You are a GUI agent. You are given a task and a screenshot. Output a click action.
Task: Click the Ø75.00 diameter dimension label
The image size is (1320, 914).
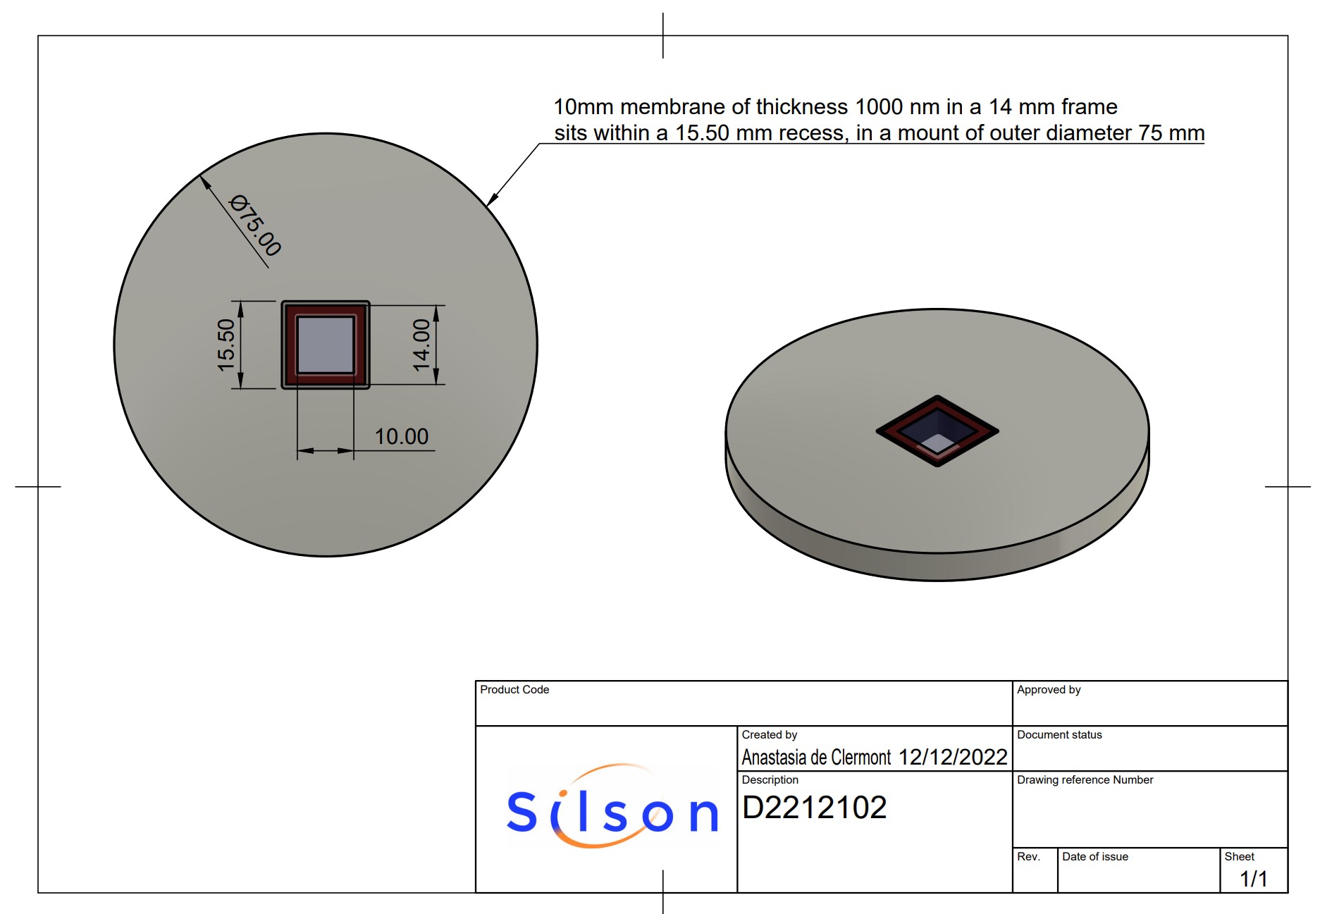[x=256, y=226]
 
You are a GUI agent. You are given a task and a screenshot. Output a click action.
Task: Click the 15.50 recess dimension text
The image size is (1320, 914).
[x=226, y=345]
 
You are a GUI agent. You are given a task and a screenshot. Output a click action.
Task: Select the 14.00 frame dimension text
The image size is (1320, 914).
[x=421, y=345]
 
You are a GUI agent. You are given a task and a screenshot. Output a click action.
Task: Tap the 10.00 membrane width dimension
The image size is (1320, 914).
[x=401, y=436]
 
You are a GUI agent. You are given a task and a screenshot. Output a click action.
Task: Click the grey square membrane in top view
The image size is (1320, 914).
[x=326, y=345]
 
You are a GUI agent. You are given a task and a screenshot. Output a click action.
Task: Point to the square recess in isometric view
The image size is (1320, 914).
[x=937, y=431]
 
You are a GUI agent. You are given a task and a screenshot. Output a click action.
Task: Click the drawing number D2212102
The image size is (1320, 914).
[x=814, y=808]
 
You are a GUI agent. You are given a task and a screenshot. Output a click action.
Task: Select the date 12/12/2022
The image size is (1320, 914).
[x=953, y=757]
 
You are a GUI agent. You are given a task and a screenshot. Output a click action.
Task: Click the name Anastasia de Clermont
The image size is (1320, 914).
[x=816, y=758]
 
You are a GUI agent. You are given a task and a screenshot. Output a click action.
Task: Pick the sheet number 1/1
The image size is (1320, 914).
[x=1253, y=879]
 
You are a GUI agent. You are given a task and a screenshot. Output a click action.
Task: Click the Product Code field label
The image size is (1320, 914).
[x=514, y=689]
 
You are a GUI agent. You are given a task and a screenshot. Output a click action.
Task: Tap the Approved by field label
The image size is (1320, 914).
[x=1048, y=689]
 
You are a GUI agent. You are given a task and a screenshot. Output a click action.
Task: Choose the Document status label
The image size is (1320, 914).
[x=1059, y=734]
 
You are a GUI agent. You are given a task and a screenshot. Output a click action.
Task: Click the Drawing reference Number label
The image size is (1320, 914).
[x=1085, y=779]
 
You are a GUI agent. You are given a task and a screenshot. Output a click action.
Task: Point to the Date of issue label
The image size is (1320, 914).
[x=1094, y=856]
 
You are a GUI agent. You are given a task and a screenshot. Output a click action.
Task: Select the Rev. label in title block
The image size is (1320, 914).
[x=1028, y=856]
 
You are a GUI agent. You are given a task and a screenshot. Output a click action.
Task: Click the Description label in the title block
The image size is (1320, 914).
[x=770, y=779]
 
